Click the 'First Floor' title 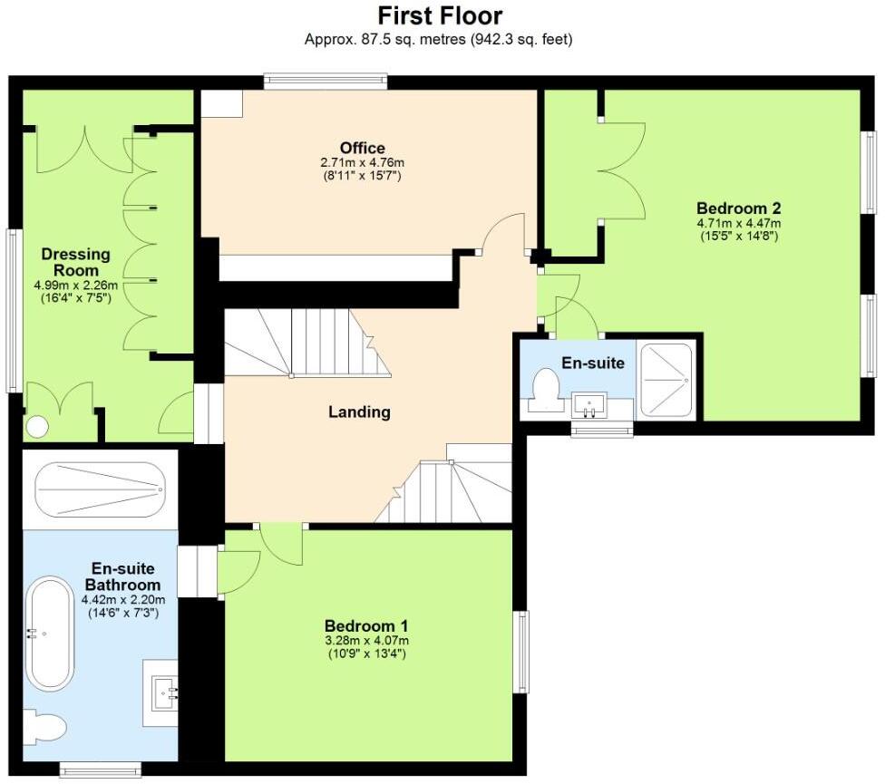tap(440, 15)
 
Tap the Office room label tap(363, 149)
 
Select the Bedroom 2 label tap(738, 208)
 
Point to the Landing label tap(359, 412)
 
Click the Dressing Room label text tap(75, 262)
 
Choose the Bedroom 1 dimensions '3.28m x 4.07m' tap(367, 641)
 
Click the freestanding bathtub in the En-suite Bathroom tap(52, 633)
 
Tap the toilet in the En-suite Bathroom tap(44, 727)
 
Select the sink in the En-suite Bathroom tap(164, 692)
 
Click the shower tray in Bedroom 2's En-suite tap(666, 380)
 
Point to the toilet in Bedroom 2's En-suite tap(545, 390)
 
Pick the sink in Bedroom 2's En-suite tap(589, 405)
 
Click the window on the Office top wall tap(326, 82)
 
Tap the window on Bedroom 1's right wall tap(521, 652)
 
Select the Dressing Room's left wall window tap(13, 310)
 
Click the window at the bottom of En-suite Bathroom tap(101, 769)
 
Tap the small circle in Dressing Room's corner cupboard tap(37, 426)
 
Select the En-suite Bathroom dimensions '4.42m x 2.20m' tap(123, 600)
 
